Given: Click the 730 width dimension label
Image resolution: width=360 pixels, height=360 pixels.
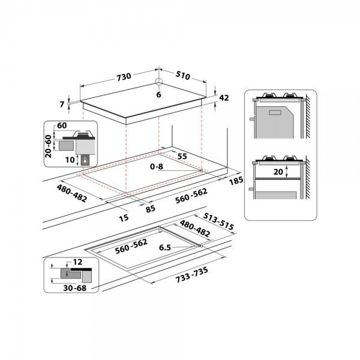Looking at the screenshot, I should point(123,77).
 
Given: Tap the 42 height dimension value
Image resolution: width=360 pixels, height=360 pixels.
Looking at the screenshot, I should point(224,98).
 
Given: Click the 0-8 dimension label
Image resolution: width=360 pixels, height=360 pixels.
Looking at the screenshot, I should point(156,167).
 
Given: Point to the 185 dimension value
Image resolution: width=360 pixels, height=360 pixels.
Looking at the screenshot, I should point(236,180).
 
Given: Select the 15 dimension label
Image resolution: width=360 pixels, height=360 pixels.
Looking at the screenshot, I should point(124,217).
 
